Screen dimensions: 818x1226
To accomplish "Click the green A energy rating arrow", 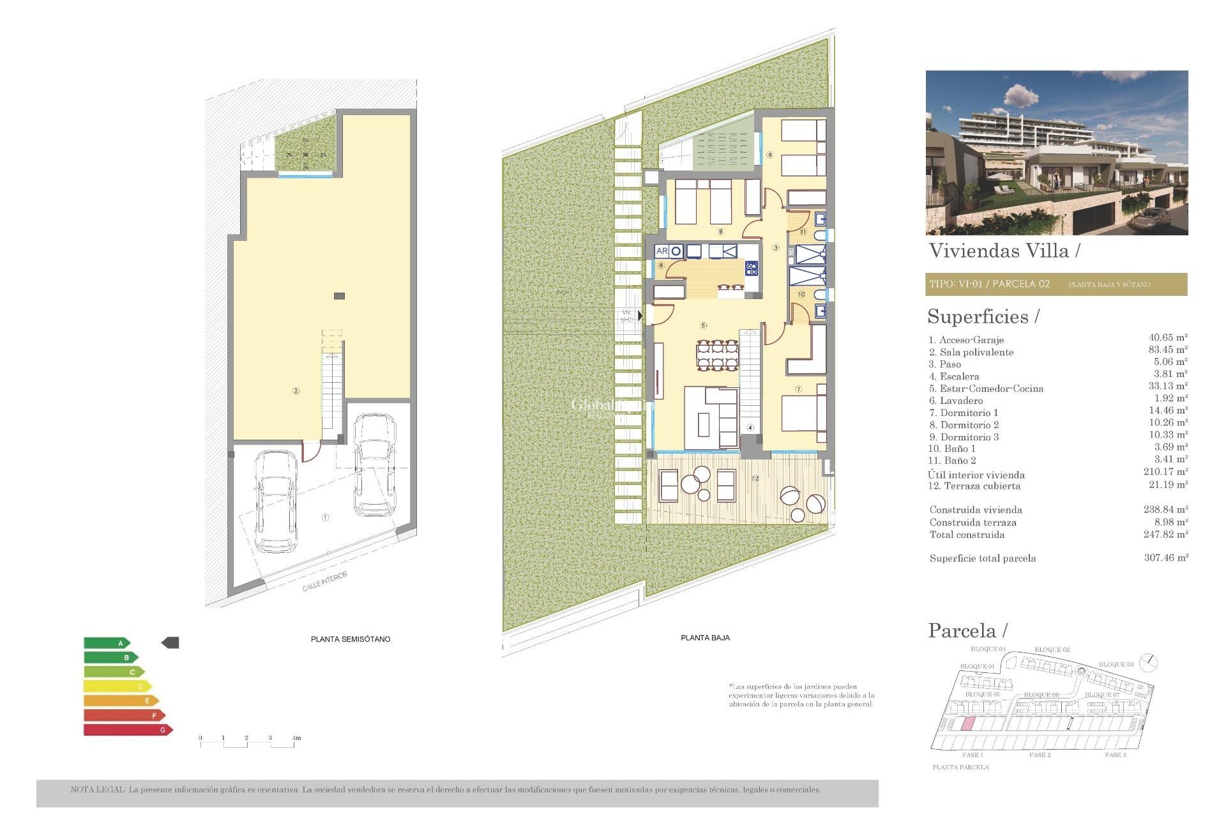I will pos(107,643).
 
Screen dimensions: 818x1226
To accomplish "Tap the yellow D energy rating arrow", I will pos(117,686).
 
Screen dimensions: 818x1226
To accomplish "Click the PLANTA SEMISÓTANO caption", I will pos(350,639).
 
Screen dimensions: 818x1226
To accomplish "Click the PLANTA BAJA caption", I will pos(705,638).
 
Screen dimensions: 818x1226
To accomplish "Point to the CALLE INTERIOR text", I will pos(325,582).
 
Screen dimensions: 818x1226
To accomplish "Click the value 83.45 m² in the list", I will pos(1167,350).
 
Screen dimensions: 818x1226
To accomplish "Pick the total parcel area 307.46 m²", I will pos(1165,558).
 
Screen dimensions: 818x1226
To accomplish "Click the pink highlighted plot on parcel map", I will pos(967,723).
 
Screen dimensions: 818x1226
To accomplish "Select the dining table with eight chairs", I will pos(717,356).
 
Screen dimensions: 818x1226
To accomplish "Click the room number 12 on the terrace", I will pos(755,478).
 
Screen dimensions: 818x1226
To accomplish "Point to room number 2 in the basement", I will pos(296,390).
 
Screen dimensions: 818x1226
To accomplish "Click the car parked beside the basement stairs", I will pos(374,465).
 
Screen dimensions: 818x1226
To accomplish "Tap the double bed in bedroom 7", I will pos(803,413).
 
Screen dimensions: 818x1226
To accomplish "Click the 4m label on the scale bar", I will pos(296,738).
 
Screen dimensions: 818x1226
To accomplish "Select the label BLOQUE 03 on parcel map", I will pos(1116,665).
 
